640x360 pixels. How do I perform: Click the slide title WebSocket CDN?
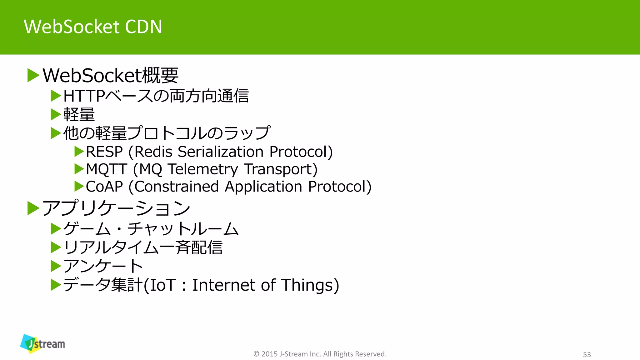pos(93,27)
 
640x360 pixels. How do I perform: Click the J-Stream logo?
pos(43,344)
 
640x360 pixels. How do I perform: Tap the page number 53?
pos(587,354)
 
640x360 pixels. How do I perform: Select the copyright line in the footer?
pos(320,354)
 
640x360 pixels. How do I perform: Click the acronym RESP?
pos(104,152)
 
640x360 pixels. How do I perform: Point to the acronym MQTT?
pos(107,169)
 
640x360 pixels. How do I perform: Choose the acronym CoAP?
pos(104,187)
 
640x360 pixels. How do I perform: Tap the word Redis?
pos(153,152)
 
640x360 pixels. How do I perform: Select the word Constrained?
pos(177,187)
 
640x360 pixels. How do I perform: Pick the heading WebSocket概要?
pos(110,75)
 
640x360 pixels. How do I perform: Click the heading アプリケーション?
pos(116,208)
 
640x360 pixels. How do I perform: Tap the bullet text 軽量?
pos(79,114)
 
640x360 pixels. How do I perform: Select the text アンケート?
pos(103,266)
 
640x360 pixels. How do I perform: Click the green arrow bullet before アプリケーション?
pos(33,208)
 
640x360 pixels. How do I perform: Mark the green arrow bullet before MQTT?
pos(79,169)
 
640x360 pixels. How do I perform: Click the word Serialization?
pos(220,152)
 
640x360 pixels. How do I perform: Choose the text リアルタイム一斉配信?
pos(143,247)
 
